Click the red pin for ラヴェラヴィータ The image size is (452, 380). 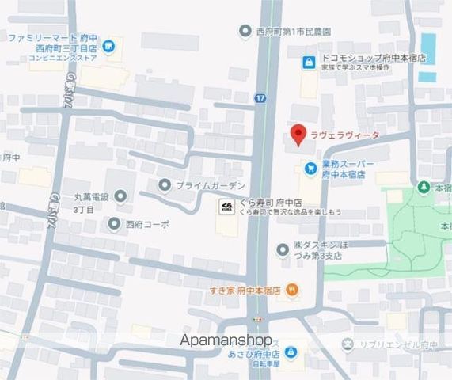pos(298,135)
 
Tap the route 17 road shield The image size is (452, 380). pos(260,97)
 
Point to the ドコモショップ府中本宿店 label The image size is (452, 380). pos(374,59)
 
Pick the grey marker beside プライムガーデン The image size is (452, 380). pos(165,185)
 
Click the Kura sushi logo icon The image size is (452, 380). pos(226,207)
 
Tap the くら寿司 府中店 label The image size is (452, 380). pos(268,203)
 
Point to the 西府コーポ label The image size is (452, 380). pos(147,224)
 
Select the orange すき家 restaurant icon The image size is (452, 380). pos(292,290)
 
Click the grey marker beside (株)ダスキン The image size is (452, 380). pos(283,250)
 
